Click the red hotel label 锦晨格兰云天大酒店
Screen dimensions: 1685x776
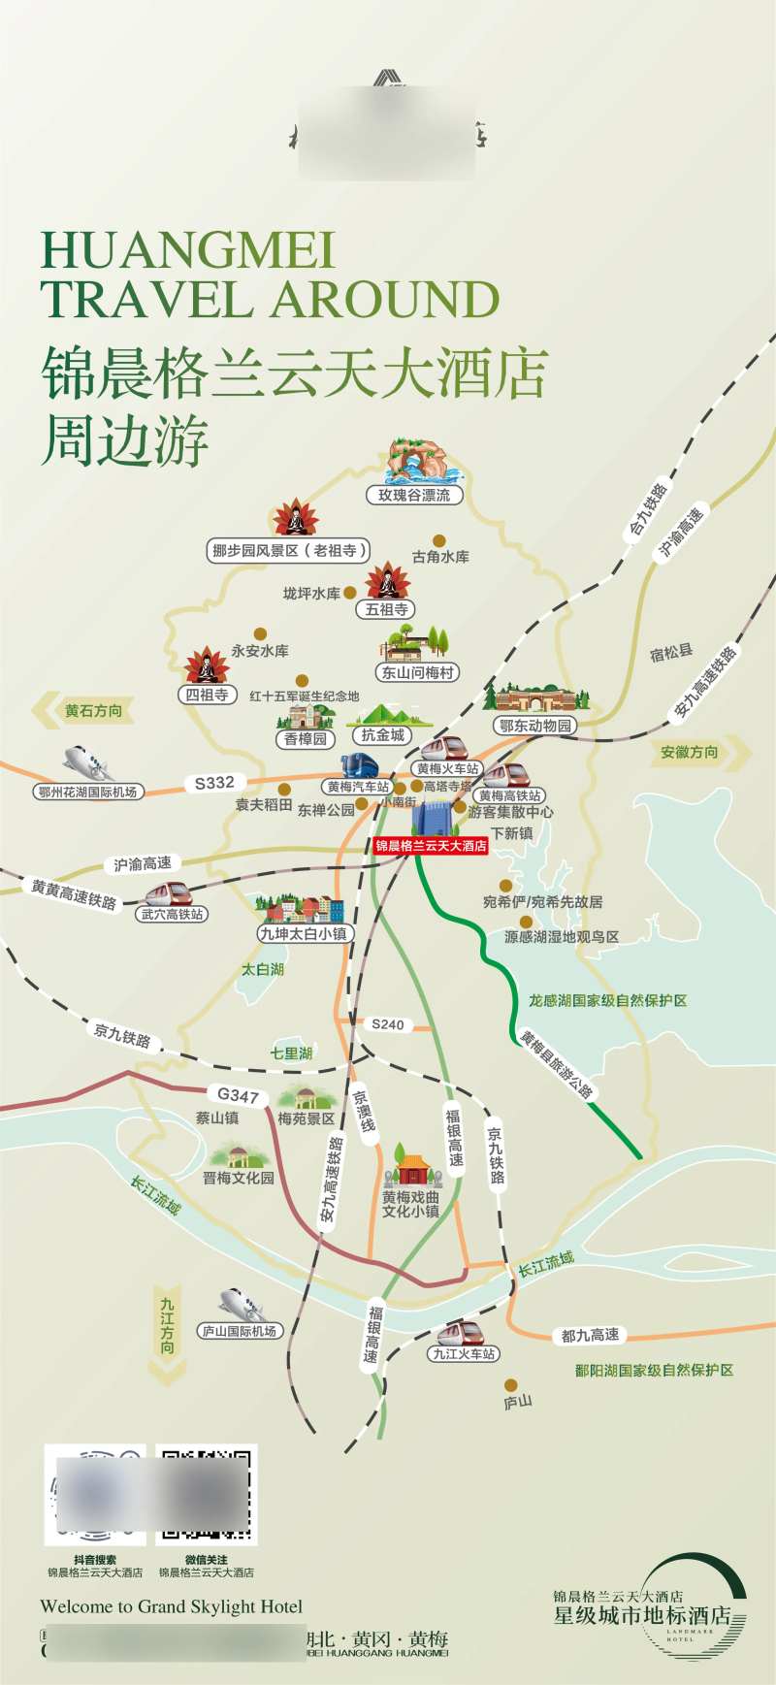(x=431, y=846)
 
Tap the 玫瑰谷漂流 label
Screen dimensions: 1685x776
(x=414, y=495)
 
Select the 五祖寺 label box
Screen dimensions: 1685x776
(x=387, y=609)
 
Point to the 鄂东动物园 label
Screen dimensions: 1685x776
(x=536, y=726)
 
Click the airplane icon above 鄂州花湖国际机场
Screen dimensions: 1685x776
(x=85, y=763)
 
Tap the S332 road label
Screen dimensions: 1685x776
(x=214, y=783)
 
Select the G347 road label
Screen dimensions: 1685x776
(x=238, y=1095)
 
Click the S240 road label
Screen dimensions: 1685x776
(x=387, y=1024)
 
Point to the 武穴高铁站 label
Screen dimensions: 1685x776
(x=173, y=914)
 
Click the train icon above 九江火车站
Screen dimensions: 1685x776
(x=464, y=1333)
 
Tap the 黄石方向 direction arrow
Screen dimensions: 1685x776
(x=81, y=711)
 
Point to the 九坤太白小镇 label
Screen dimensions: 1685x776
(x=304, y=933)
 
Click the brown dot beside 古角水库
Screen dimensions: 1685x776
(x=439, y=540)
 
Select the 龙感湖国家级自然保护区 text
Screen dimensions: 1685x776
(x=607, y=1000)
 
